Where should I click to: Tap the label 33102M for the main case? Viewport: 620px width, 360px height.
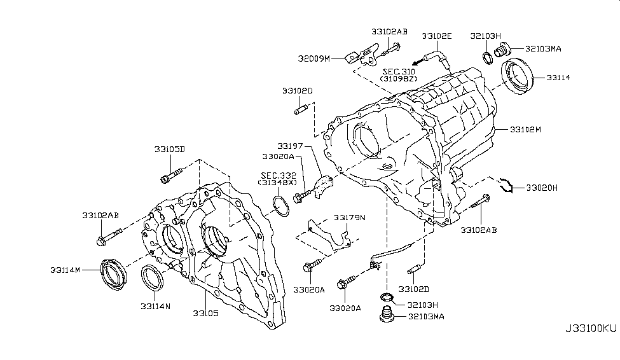pyautogui.click(x=525, y=130)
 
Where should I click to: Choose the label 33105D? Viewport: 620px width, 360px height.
pyautogui.click(x=169, y=149)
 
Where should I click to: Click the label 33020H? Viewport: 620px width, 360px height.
pyautogui.click(x=541, y=188)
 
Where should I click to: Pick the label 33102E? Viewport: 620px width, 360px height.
pyautogui.click(x=437, y=37)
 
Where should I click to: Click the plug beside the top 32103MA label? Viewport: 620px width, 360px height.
pyautogui.click(x=504, y=49)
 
